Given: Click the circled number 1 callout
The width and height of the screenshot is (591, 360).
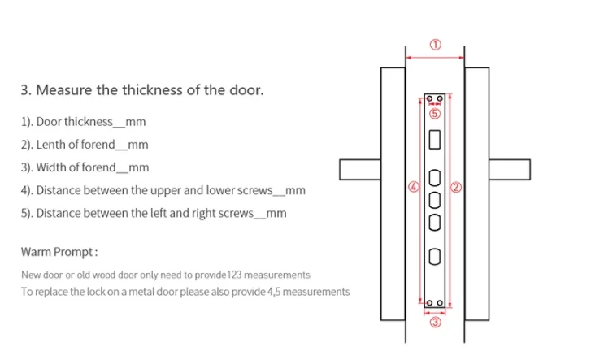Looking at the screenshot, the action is coord(436,45).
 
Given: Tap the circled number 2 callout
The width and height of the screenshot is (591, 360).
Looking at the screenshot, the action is coord(456,188).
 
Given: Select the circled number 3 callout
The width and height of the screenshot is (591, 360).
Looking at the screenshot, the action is coord(436,323).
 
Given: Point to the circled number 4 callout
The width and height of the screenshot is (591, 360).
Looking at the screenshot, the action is coord(414,187).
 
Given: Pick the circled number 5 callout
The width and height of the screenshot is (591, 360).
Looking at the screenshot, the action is coord(435,114).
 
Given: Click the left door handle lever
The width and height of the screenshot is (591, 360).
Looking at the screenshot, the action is coord(360,170).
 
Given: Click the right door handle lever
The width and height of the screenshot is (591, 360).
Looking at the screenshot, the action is coord(510,170).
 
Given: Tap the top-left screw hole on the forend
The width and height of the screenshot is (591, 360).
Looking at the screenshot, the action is coord(429,99).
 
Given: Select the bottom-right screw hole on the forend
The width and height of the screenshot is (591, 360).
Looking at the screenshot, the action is coord(440,303).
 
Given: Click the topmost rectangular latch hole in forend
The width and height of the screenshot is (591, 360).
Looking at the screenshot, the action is coord(435,140).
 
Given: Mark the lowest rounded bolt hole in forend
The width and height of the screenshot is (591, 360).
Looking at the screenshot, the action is coord(435,257).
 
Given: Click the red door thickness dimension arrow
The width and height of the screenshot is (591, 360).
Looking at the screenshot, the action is coord(435,58).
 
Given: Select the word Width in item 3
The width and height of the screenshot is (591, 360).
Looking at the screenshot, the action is coord(52,167).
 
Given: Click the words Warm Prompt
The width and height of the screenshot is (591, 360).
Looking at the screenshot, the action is coord(57,252).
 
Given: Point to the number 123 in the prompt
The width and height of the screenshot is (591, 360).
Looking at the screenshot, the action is coord(234,275).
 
